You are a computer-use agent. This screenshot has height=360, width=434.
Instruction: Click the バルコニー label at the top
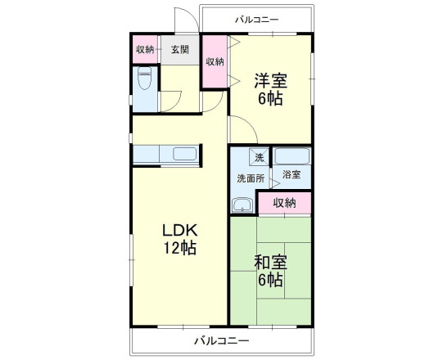point(257,18)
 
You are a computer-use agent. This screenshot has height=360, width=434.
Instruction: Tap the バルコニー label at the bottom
point(221,340)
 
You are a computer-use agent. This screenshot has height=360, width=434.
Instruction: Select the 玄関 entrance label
point(180,49)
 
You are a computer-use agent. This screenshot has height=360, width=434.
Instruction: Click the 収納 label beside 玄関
point(145,49)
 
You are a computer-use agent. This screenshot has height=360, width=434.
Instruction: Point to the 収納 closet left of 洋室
point(215,62)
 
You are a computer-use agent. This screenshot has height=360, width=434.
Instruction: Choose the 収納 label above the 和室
point(284,202)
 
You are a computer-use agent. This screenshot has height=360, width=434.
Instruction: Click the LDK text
point(179,229)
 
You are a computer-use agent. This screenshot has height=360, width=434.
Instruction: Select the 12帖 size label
point(179,248)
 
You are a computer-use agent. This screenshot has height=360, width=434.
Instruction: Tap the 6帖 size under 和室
point(269,281)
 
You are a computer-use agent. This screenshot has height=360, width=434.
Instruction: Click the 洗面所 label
point(251,178)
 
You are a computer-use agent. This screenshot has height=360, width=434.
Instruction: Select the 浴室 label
point(292,174)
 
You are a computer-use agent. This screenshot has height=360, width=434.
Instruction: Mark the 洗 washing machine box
point(259,157)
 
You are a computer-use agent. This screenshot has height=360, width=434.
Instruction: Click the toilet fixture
point(145,82)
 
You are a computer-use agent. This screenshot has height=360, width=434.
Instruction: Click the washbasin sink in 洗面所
point(243,204)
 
